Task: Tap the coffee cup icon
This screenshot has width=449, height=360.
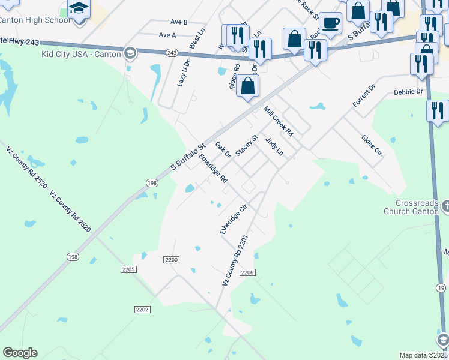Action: [330, 24]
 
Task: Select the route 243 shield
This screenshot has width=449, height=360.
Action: [172, 53]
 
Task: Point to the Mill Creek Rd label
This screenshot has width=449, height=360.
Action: [278, 121]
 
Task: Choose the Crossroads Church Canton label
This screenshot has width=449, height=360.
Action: [411, 207]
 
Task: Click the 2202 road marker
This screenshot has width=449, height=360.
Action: [142, 309]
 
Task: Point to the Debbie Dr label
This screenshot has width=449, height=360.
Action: [408, 92]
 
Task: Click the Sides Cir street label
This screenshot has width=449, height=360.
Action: [372, 145]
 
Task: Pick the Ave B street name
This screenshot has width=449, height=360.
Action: [179, 22]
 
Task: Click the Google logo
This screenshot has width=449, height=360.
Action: [20, 353]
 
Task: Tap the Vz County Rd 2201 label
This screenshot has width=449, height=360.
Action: [235, 260]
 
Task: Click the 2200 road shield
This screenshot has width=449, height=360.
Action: [172, 260]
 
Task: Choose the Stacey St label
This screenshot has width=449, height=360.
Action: [246, 145]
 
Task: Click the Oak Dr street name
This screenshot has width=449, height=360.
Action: [223, 149]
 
